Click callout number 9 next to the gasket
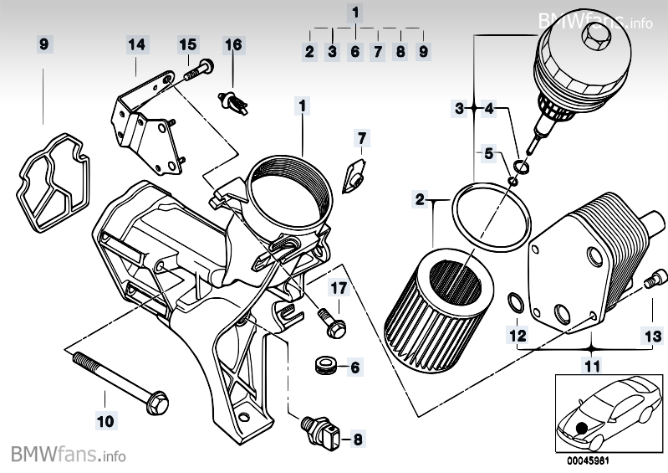pyautogui.click(x=44, y=43)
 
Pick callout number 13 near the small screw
pyautogui.click(x=650, y=335)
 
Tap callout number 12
pyautogui.click(x=518, y=335)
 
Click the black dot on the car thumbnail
pyautogui.click(x=581, y=428)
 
